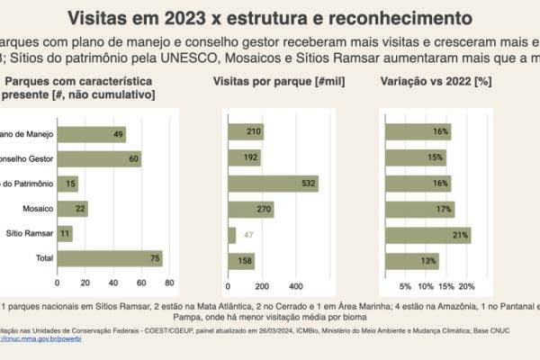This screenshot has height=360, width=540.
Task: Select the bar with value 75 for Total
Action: [x=109, y=260]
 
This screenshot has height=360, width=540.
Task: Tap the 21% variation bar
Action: [x=427, y=235]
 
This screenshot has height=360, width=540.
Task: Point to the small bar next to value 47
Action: [x=232, y=235]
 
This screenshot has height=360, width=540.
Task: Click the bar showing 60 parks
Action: [x=98, y=158]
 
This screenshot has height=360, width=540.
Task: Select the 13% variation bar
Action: [x=411, y=260]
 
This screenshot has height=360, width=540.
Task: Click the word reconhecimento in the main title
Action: [x=401, y=17]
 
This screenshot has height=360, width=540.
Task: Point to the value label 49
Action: [x=118, y=133]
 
